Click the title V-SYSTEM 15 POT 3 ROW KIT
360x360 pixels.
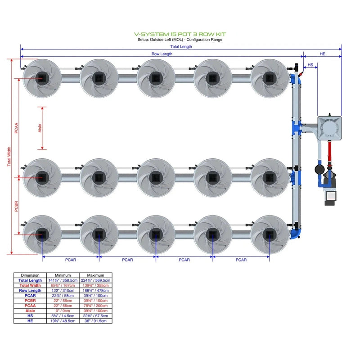[180, 34]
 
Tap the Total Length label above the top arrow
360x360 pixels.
[181, 46]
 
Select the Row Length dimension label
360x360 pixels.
[162, 54]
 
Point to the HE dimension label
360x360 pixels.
[322, 54]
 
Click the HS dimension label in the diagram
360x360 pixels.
[310, 65]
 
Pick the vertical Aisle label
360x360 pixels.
[40, 128]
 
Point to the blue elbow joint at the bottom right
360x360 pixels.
[297, 233]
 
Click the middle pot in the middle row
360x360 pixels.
[155, 177]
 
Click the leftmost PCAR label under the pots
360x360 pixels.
[71, 260]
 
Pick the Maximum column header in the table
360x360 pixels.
[96, 275]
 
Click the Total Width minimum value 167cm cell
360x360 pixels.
[63, 285]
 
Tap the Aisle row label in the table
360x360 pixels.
[30, 310]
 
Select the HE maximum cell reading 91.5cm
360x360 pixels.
[96, 320]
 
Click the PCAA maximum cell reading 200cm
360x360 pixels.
[96, 306]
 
